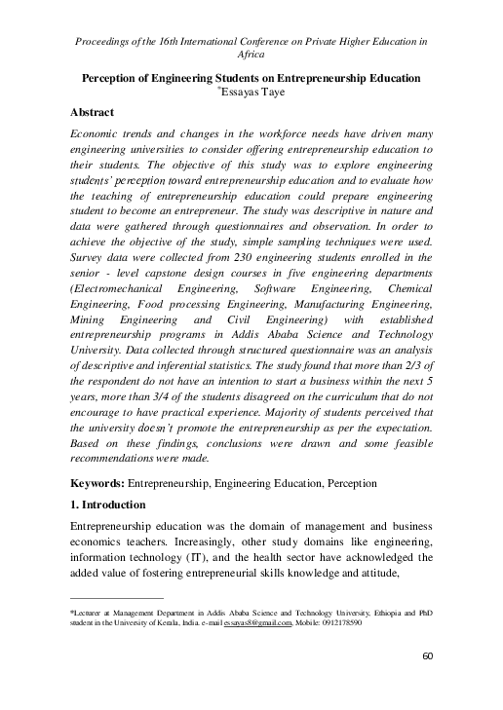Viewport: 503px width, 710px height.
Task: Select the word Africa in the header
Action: [251, 56]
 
